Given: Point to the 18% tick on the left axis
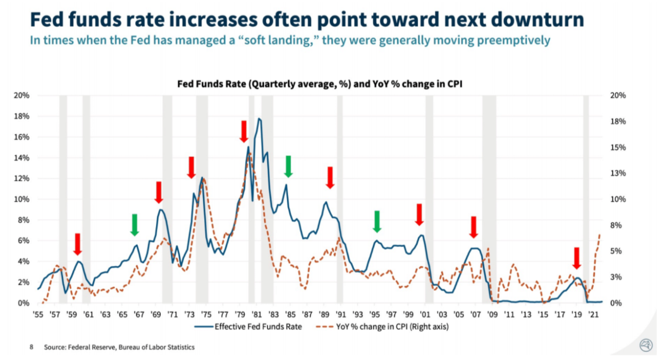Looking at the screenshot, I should [x=22, y=116].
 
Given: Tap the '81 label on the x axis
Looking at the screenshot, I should [x=256, y=314].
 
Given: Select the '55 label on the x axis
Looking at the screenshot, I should [x=38, y=314].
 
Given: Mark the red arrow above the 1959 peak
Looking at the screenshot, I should [x=77, y=244].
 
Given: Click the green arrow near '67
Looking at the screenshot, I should [x=135, y=224].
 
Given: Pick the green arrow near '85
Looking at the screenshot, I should [x=288, y=166].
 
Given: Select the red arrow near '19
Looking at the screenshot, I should [x=576, y=258].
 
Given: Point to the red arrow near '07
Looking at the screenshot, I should [x=474, y=227].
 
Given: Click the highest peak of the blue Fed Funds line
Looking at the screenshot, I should [x=259, y=119].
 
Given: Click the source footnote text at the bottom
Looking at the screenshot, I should [x=119, y=347].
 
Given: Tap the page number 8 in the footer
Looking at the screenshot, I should [x=31, y=347].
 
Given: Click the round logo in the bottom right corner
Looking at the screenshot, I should [x=646, y=345].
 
